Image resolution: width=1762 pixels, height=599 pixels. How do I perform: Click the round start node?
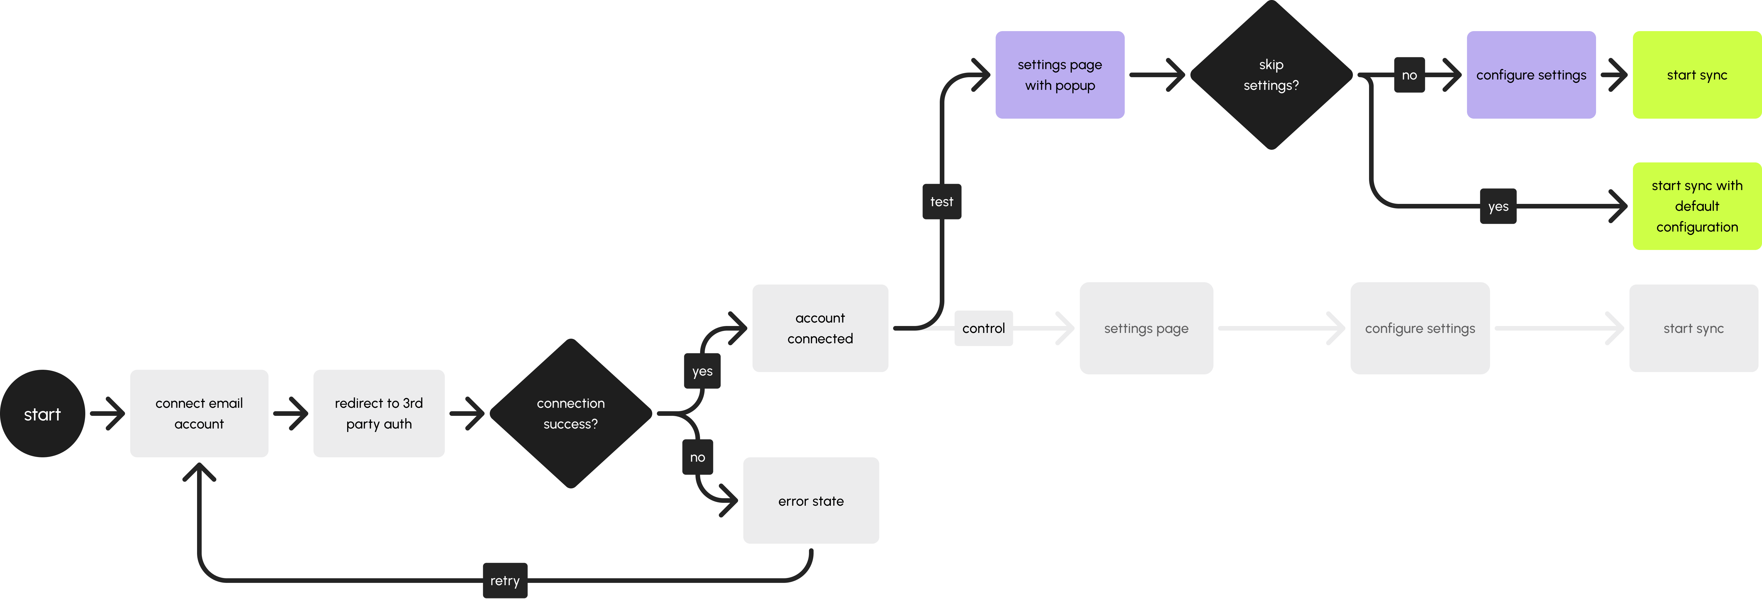point(42,414)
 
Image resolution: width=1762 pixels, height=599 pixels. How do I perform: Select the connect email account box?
point(199,414)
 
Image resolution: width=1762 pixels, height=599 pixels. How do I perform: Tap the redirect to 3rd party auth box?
point(379,414)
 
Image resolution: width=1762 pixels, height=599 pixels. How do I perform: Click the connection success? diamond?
point(570,414)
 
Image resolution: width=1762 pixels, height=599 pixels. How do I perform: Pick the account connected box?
point(820,328)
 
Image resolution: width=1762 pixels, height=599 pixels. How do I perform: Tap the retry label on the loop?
point(505,581)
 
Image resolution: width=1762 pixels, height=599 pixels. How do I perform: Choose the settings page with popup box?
point(1060,75)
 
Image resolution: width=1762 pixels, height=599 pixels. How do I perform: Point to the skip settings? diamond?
point(1271,75)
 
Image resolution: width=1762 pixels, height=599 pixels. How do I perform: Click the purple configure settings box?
point(1531,75)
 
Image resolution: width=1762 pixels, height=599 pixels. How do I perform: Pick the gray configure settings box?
point(1420,328)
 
